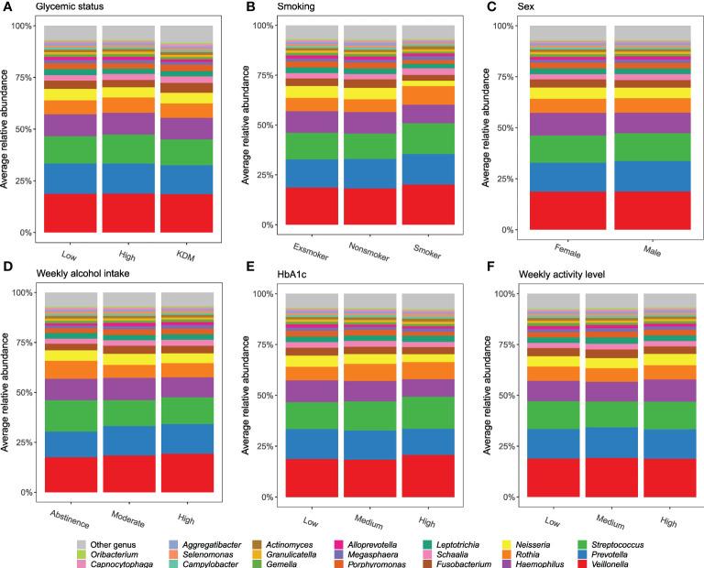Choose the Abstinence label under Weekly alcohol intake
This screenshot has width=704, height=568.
[x=66, y=522]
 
